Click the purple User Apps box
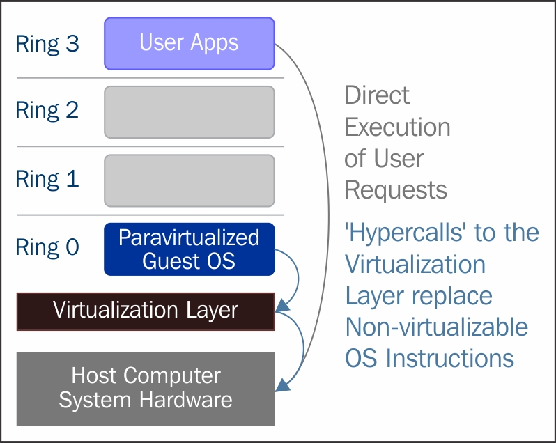click(x=190, y=43)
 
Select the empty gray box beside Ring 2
click(x=190, y=111)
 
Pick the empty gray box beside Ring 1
click(x=190, y=180)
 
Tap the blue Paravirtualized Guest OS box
click(x=190, y=249)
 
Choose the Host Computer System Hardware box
click(x=146, y=389)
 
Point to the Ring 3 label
click(x=47, y=43)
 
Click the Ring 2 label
click(x=47, y=110)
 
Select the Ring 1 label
click(x=47, y=179)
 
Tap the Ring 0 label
click(x=47, y=247)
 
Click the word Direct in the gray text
click(x=377, y=95)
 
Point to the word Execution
click(x=397, y=127)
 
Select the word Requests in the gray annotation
click(x=396, y=189)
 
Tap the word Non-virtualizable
click(x=436, y=327)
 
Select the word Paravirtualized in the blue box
click(x=189, y=238)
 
